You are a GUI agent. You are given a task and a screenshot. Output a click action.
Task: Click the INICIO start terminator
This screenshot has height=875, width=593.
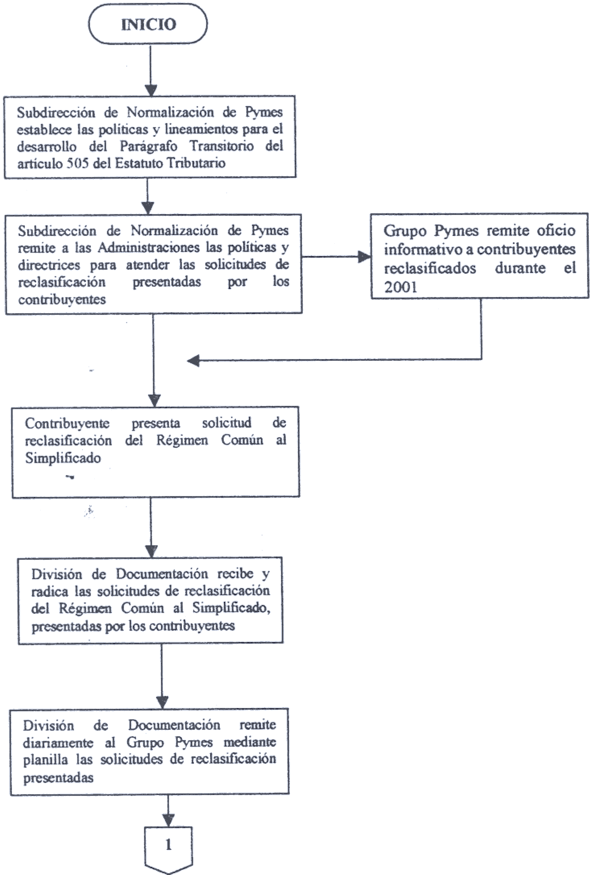click(148, 24)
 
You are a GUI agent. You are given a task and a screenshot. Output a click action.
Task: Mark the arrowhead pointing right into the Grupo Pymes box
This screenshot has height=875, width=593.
click(364, 257)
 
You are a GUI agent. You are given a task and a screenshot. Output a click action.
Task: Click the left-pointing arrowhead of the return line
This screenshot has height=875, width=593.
click(193, 361)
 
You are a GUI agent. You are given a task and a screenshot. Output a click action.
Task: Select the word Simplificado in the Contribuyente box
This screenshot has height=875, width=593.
click(63, 458)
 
